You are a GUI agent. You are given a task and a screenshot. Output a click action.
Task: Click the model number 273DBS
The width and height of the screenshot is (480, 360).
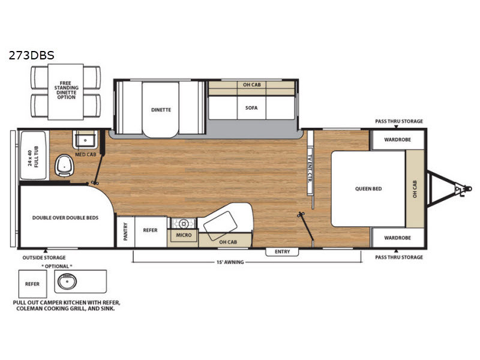point(32,55)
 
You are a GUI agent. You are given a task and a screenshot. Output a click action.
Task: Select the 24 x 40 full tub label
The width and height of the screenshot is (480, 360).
point(34,156)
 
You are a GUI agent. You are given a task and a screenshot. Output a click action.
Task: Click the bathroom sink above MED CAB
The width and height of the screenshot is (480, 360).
point(85,140)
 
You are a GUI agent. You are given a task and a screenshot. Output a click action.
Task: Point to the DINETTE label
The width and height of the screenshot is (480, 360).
point(161,110)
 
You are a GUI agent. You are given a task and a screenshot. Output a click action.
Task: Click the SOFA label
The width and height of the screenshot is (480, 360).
point(251,108)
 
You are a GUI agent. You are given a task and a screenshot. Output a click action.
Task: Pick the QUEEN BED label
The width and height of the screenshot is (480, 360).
point(368,189)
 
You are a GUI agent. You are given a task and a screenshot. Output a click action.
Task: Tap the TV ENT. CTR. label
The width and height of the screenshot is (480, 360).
point(310,169)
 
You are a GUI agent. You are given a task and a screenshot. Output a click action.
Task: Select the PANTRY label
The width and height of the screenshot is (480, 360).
point(125,232)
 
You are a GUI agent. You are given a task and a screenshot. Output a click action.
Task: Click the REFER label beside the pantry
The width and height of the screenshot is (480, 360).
point(150,230)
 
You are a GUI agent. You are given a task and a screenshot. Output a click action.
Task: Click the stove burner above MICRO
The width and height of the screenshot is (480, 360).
point(184,224)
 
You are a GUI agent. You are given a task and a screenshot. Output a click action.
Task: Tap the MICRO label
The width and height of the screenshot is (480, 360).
point(184,235)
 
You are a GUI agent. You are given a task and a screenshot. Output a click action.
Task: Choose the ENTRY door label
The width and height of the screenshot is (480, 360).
point(282,251)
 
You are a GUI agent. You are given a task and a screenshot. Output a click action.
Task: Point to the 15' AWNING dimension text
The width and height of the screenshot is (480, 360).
point(230,262)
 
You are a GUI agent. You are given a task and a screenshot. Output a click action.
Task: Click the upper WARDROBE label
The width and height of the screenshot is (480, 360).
point(397,140)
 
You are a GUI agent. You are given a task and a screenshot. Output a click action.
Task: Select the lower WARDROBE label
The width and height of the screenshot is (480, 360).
point(397,238)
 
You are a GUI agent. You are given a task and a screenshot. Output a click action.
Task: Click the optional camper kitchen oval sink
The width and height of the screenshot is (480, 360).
point(67,281)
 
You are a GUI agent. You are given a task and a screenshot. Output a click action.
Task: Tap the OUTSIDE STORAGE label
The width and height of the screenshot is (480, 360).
point(44,258)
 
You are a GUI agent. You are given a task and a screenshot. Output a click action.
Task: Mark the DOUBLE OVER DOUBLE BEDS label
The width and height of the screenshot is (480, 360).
point(65,218)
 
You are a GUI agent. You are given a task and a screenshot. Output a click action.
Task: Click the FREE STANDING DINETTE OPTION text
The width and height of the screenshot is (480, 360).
point(66,90)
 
